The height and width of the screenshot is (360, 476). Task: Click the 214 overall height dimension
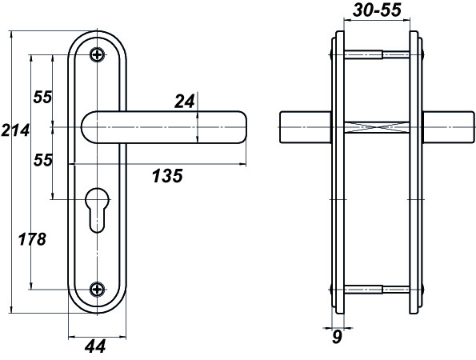(15, 130)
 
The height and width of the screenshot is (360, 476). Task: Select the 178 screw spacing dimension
(32, 239)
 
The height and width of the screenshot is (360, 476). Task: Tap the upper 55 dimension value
(43, 97)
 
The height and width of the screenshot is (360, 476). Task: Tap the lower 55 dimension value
(43, 160)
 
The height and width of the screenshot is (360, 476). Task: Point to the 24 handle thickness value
(184, 102)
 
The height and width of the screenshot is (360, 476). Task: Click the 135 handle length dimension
(167, 176)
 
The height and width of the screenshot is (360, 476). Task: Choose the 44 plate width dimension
(95, 346)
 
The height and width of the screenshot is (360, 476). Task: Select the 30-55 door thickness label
(377, 10)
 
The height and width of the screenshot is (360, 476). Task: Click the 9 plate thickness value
(337, 337)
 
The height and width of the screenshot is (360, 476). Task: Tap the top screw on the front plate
(98, 55)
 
